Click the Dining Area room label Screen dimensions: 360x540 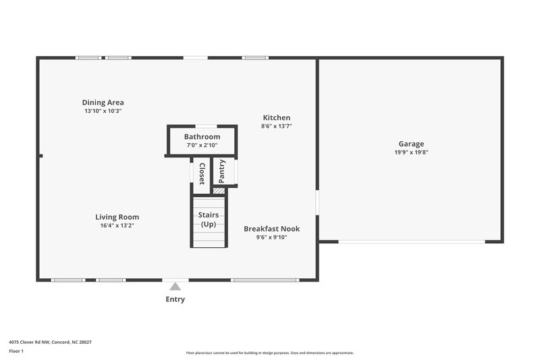tap(103, 103)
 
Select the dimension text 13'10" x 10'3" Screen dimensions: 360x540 tap(103, 111)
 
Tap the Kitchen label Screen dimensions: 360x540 tap(277, 118)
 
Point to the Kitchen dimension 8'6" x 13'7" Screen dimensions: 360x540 tap(277, 126)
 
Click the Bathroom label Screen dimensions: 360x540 tap(202, 136)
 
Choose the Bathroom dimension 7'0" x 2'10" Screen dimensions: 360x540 tap(202, 145)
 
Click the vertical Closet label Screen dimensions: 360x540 tap(201, 173)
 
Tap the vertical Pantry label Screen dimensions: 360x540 tap(222, 172)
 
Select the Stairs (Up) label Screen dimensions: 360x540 tap(209, 220)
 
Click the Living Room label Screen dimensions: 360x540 tap(117, 217)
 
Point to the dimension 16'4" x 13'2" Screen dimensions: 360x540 tap(117, 226)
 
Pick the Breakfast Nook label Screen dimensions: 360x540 tap(271, 229)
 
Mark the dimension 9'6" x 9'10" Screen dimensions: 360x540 tap(271, 237)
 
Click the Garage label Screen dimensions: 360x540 tap(411, 144)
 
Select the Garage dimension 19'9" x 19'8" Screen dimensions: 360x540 tap(411, 152)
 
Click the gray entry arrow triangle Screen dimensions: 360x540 tap(175, 286)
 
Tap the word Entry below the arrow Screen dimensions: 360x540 tap(175, 299)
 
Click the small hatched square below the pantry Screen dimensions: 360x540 tap(219, 191)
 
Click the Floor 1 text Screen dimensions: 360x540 tap(16, 351)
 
